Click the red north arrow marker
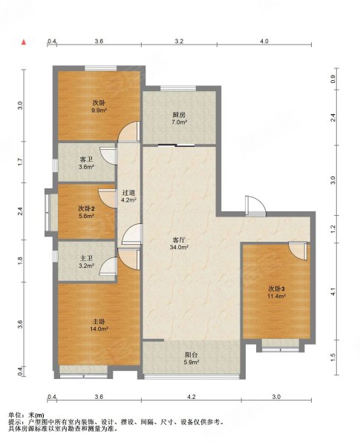click(24, 42)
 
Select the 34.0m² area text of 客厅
click(179, 247)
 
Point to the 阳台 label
click(192, 355)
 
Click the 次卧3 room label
click(277, 289)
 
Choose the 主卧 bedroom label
click(99, 322)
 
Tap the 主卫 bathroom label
click(86, 259)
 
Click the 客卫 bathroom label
click(86, 159)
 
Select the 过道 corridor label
click(128, 192)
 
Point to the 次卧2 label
click(86, 208)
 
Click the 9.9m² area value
click(99, 111)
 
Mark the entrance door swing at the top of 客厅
click(255, 206)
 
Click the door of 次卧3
click(298, 251)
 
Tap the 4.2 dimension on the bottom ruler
click(192, 397)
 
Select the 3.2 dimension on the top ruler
click(179, 41)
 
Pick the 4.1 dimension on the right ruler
click(333, 291)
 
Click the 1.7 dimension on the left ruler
click(20, 162)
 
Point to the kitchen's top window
click(178, 88)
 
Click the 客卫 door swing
click(108, 156)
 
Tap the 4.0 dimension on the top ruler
click(264, 41)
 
